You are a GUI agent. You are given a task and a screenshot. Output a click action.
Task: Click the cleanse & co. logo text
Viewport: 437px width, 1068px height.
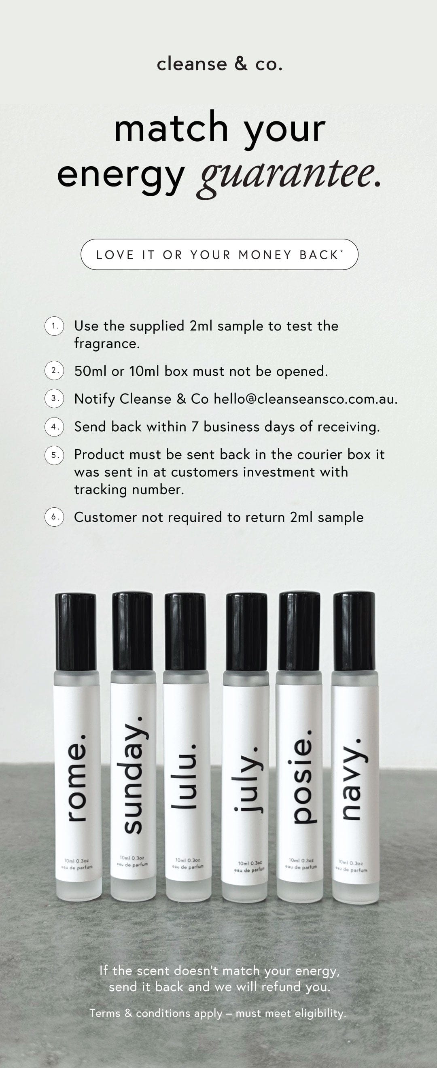coord(219,64)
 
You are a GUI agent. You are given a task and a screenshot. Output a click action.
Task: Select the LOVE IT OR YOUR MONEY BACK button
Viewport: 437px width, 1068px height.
coord(219,254)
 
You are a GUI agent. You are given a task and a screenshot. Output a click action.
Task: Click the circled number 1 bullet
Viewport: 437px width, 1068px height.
coord(54,326)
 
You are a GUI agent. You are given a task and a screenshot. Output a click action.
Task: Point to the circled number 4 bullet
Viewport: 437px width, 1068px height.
coord(54,427)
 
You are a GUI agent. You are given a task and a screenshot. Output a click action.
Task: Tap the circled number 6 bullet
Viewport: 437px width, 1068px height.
coord(54,517)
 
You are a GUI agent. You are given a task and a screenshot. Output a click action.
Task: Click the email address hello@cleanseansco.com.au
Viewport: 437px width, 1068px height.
coord(305,399)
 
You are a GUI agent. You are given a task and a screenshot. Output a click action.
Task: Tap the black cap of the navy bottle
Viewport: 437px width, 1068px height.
coord(354,632)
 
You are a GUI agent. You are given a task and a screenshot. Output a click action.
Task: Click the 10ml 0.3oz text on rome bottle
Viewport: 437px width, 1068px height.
coord(76,860)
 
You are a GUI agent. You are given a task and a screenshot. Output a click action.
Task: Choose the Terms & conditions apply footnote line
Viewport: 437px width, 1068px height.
coord(218,1013)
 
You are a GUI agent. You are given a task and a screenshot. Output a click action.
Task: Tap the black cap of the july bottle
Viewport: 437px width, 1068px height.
coord(246,633)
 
